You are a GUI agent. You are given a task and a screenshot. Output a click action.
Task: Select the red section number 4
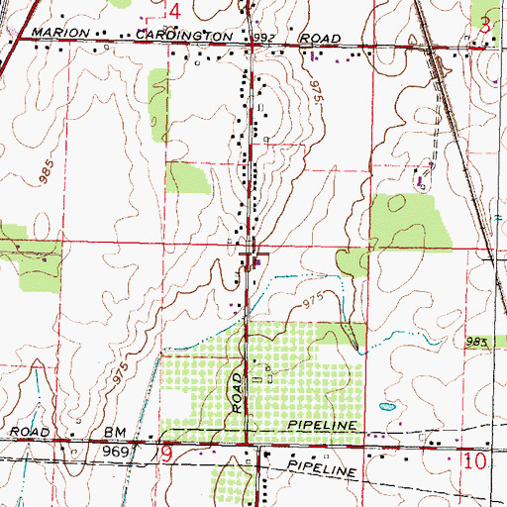pyautogui.click(x=174, y=10)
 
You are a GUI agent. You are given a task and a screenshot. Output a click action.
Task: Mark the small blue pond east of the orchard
pyautogui.click(x=386, y=405)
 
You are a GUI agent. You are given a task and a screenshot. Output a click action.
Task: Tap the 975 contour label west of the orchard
pyautogui.click(x=150, y=376)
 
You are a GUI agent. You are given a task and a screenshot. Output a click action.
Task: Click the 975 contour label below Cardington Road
pyautogui.click(x=316, y=95)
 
